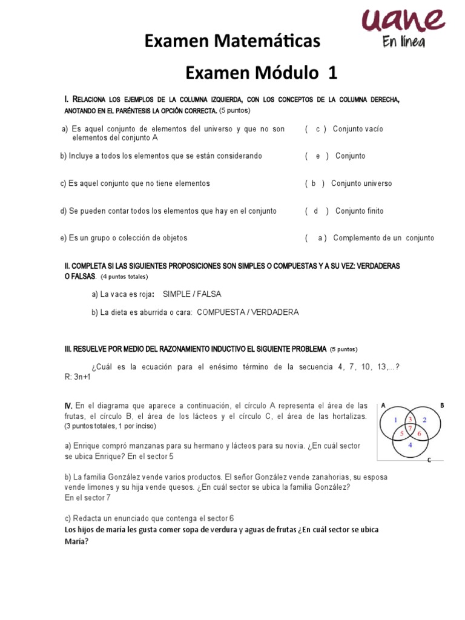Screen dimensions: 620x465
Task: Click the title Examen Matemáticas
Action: (232, 42)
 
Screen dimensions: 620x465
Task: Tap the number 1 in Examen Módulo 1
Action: (332, 73)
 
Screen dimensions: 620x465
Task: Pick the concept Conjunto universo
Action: (361, 183)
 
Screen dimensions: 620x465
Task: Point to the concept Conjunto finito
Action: (359, 211)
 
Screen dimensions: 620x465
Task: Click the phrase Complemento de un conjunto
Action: (383, 238)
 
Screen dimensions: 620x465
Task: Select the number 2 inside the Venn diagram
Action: (424, 420)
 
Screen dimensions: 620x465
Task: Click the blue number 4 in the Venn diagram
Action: (410, 445)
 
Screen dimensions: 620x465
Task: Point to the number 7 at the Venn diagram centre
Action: (410, 429)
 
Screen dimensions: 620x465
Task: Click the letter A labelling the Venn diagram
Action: (383, 406)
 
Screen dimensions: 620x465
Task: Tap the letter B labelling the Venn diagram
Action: (442, 406)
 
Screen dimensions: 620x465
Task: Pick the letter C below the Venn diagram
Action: (429, 460)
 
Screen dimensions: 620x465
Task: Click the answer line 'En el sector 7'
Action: (88, 498)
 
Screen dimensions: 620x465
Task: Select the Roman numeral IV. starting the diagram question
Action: (69, 405)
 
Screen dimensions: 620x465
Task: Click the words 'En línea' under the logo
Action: (403, 42)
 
